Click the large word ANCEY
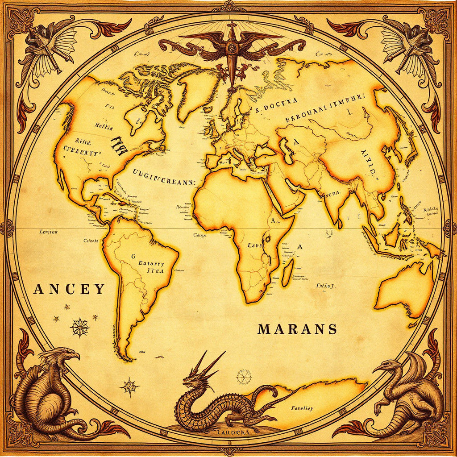(x=69, y=289)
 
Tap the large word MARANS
(x=297, y=329)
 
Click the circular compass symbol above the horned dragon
(x=244, y=376)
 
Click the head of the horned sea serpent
(x=193, y=379)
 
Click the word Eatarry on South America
(x=151, y=264)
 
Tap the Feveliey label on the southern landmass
(x=302, y=408)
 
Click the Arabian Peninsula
(x=286, y=192)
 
